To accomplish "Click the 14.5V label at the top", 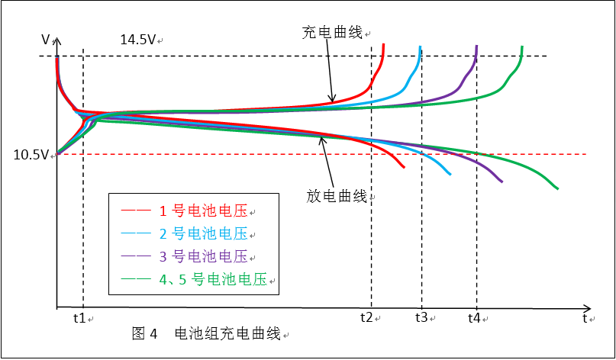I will (138, 40).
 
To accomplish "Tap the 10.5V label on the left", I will (31, 155).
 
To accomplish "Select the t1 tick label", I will (80, 317).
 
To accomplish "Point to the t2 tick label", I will (367, 317).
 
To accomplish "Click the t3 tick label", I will (421, 317).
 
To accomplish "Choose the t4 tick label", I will (475, 317).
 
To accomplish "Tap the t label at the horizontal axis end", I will (585, 317).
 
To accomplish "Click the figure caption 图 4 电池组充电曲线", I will (206, 334).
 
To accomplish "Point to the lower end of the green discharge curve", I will (558, 188).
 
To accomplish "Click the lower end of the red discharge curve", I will (404, 166).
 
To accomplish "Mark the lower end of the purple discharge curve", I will (502, 182).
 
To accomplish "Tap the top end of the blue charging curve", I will (421, 47).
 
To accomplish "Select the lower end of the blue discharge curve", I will (450, 175).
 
